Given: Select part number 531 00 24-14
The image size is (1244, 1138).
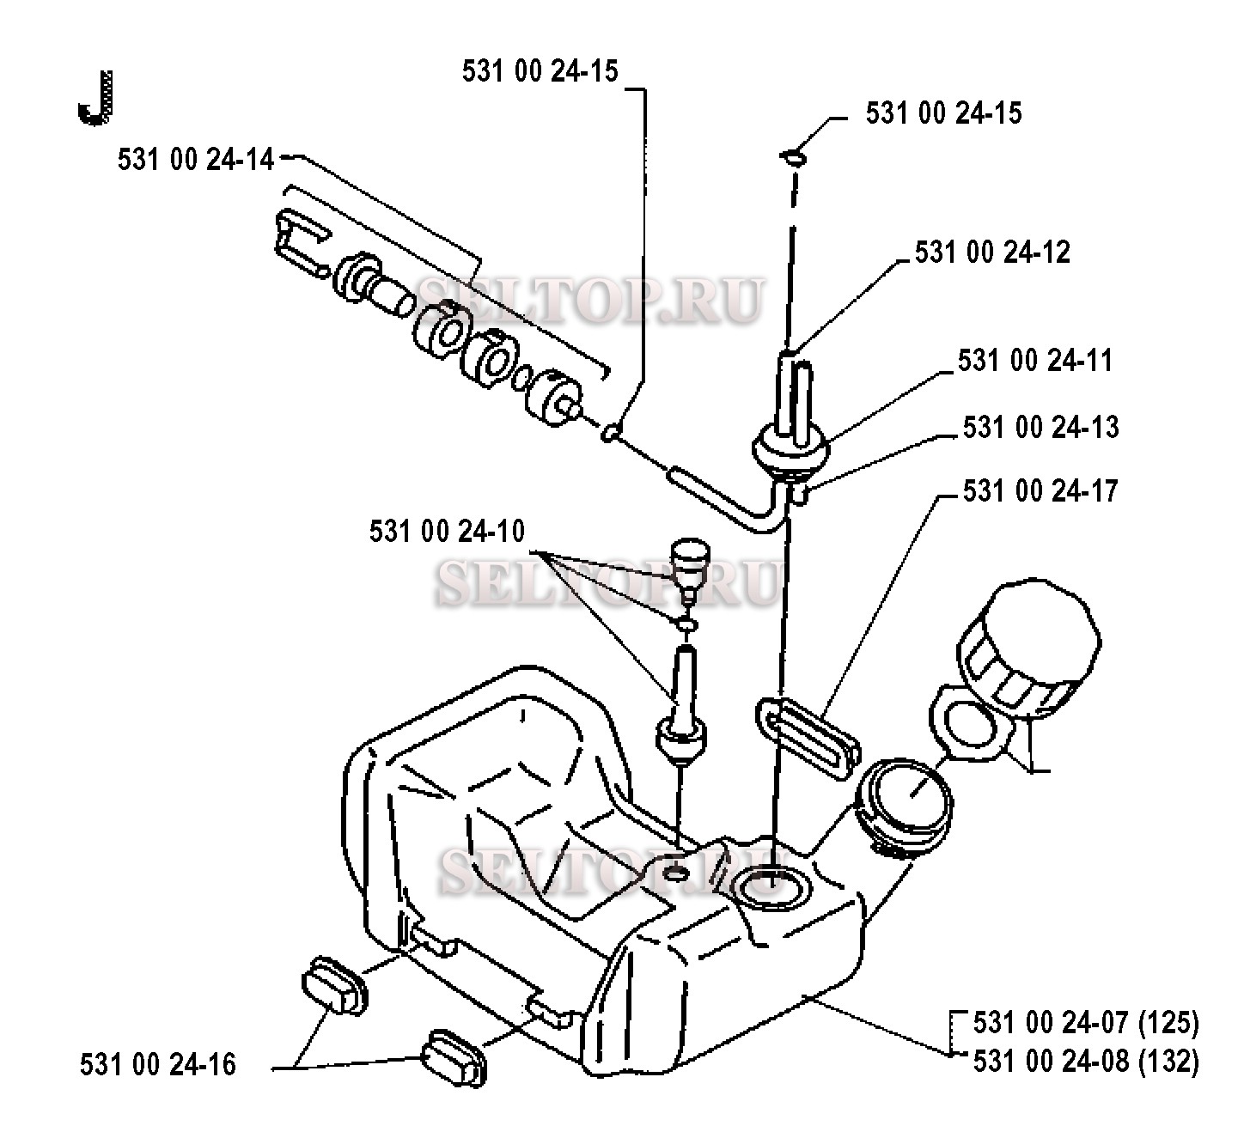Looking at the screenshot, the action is point(195,160).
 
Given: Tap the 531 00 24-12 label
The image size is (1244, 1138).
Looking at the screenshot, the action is point(992,253).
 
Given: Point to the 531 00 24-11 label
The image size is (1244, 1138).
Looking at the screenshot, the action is point(1035,361).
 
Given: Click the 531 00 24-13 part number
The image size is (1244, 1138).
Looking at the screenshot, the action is point(1040,428).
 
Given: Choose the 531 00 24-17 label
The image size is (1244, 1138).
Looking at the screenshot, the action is point(1040,490).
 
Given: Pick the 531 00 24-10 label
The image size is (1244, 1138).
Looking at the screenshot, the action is point(447,532).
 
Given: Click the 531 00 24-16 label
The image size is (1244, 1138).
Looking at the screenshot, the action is point(158,1065).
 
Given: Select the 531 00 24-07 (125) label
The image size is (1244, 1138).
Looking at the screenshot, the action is point(1086,1023).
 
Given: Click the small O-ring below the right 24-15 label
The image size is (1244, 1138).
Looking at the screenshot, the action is point(794,157).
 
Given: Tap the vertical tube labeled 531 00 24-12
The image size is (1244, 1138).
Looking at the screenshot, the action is point(794,398).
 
